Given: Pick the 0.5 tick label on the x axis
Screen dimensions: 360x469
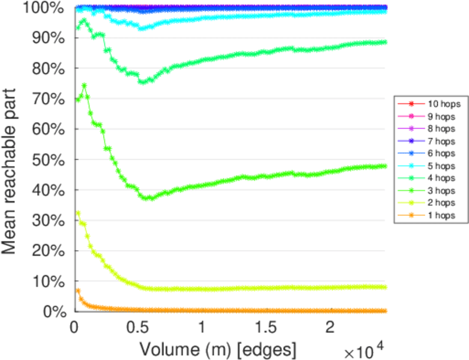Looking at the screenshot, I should point(138,329).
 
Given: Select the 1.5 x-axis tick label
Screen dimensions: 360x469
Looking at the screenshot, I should point(265,329).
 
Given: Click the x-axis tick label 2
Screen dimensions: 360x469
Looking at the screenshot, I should point(329,329).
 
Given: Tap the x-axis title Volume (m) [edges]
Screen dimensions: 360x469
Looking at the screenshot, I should point(217,348).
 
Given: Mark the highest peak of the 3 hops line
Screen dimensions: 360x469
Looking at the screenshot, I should point(84,85).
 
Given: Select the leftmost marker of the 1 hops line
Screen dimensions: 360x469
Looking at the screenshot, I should point(77,291).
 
